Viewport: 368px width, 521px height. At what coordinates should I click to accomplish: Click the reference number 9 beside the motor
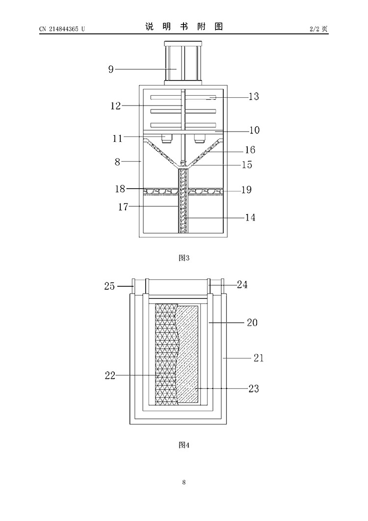(x=111, y=69)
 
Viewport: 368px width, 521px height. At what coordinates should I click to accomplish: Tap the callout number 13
(x=254, y=96)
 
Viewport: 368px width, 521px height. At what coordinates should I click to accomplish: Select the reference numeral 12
(x=116, y=106)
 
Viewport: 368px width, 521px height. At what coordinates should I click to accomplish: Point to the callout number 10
(x=255, y=130)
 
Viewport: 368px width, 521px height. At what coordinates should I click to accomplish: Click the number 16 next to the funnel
(x=250, y=150)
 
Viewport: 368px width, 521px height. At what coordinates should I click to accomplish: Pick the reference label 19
(x=246, y=190)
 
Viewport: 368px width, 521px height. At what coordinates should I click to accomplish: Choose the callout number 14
(x=250, y=218)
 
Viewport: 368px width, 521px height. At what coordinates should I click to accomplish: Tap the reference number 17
(x=123, y=207)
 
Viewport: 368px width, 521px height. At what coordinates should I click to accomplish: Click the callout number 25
(x=109, y=286)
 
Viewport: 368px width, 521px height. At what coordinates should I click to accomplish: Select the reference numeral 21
(x=259, y=358)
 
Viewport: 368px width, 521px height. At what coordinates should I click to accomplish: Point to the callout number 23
(x=254, y=388)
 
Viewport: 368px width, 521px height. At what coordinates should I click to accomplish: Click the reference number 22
(x=110, y=376)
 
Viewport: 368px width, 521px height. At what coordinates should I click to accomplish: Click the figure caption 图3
(x=184, y=258)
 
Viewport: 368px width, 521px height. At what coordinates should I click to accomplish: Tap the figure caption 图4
(x=184, y=445)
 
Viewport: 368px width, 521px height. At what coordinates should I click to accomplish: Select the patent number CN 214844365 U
(x=62, y=29)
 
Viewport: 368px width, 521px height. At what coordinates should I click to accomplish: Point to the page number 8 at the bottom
(x=184, y=482)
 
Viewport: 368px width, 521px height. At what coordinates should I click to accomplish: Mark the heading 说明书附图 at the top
(x=184, y=27)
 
